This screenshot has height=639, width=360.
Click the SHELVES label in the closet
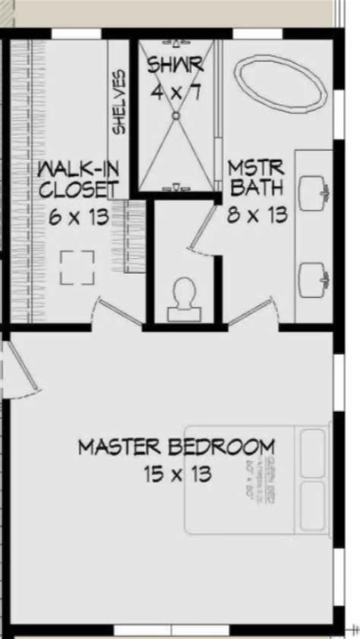point(119,102)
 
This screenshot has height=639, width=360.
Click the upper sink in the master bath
point(314,193)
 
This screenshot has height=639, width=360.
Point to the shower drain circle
point(175,116)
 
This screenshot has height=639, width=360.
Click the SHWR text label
point(175,66)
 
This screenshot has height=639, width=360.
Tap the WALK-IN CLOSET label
point(77,178)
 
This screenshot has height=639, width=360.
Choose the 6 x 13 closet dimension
point(77,218)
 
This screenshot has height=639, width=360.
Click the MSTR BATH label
point(257,176)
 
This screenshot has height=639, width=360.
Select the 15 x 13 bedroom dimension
point(176,474)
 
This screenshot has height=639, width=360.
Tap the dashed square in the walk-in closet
point(77,267)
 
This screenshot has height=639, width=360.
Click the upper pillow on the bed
point(314,452)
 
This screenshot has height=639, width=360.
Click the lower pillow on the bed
point(314,507)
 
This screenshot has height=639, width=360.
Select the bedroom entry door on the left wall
point(21,368)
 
